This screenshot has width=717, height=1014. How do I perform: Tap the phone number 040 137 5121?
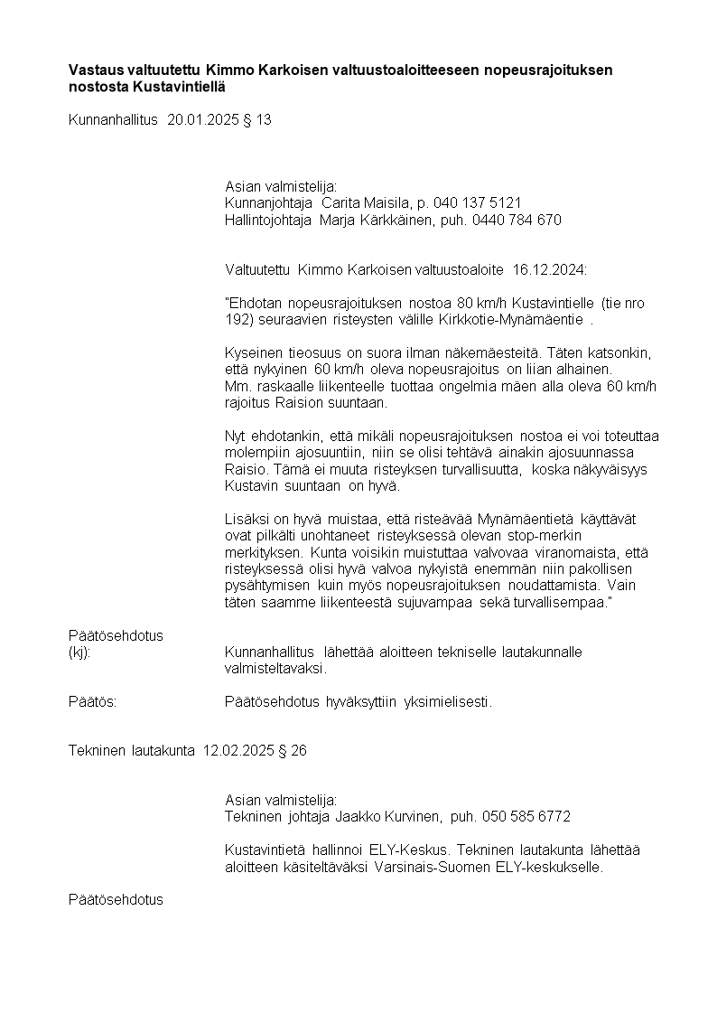click(477, 202)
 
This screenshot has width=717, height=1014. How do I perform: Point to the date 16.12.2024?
click(549, 269)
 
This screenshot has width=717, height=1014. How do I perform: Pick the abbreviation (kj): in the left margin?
click(79, 653)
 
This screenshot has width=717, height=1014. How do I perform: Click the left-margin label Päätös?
click(93, 702)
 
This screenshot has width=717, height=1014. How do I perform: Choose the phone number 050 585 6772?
click(526, 817)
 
